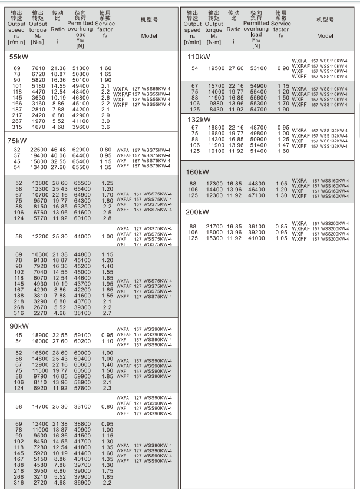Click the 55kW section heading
[16, 58]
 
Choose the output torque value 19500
[216, 69]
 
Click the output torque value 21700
[216, 227]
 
